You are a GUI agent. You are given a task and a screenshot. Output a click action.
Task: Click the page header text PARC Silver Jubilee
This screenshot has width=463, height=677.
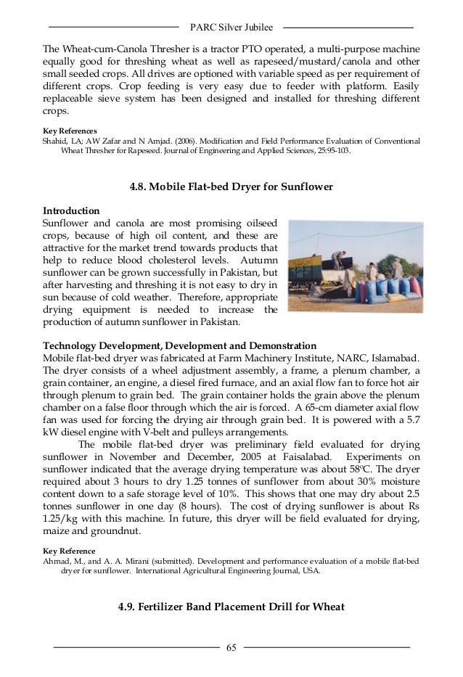231,28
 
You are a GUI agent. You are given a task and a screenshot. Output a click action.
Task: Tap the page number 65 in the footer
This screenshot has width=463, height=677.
231,647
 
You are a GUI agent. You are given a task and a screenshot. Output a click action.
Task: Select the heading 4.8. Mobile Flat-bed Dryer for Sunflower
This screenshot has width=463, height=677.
231,186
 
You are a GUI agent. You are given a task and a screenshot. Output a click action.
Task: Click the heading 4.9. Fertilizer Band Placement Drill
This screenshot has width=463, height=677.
231,608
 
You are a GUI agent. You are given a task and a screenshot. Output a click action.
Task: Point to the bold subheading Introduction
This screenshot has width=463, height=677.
71,209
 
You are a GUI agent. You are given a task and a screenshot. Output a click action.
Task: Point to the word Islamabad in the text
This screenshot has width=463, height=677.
395,358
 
